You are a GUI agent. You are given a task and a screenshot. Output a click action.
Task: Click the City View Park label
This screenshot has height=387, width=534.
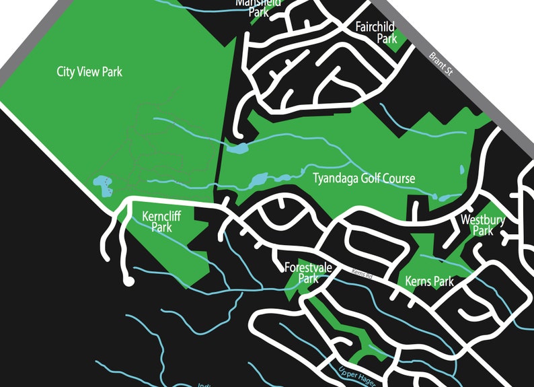click(89, 71)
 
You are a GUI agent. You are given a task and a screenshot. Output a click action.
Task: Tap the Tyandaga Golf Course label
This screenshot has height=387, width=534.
click(364, 178)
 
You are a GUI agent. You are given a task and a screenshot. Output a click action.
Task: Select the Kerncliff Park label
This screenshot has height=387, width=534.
click(161, 222)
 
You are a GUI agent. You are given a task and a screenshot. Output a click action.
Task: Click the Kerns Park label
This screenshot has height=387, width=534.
click(430, 281)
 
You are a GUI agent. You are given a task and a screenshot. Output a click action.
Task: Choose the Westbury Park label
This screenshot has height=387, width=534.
click(483, 225)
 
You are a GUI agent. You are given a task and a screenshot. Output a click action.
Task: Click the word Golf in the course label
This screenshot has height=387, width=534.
click(372, 178)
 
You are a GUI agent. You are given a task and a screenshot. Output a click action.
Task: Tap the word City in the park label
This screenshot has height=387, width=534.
click(66, 71)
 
